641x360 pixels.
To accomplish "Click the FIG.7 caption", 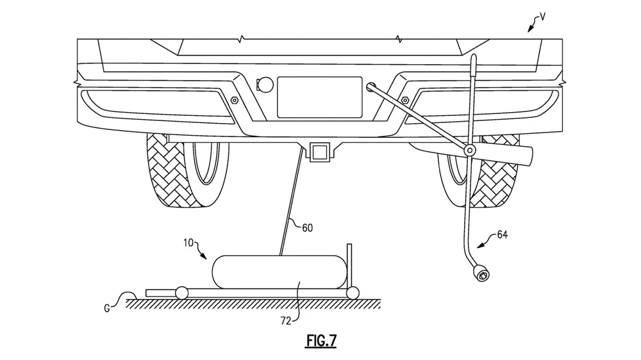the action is pyautogui.click(x=321, y=340).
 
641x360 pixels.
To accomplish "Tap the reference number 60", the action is pyautogui.click(x=308, y=227).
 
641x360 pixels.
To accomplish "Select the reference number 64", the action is pyautogui.click(x=503, y=234).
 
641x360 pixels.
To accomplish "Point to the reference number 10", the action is pyautogui.click(x=188, y=243).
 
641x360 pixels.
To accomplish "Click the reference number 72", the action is pyautogui.click(x=286, y=321).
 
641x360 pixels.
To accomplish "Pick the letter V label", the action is pyautogui.click(x=542, y=17).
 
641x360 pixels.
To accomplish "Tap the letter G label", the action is pyautogui.click(x=106, y=308).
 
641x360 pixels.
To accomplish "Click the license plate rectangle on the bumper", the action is pyautogui.click(x=320, y=97).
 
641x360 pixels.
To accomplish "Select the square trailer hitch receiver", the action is pyautogui.click(x=320, y=152).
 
